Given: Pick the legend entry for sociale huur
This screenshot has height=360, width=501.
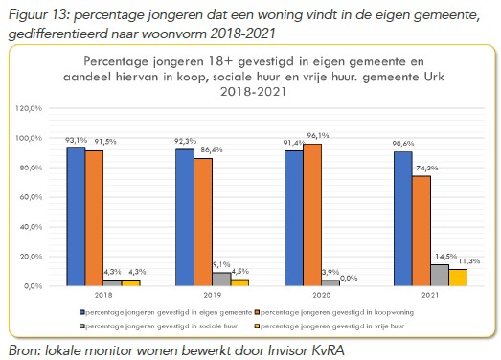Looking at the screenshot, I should [140, 326].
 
